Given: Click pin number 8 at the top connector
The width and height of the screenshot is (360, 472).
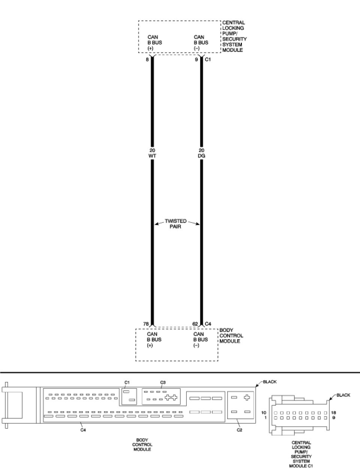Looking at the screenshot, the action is [147, 60].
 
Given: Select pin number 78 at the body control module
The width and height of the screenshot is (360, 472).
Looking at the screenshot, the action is [146, 324].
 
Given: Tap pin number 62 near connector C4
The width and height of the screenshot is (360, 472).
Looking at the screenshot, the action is [195, 324].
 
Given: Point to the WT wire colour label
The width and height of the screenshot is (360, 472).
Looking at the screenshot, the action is [152, 156].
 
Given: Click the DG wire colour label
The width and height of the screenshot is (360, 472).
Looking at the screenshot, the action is [201, 156].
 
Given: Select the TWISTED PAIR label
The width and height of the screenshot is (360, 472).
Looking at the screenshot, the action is [175, 224].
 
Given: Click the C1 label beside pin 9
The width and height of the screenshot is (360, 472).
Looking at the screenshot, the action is [208, 60].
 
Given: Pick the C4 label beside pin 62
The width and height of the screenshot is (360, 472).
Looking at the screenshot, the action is [208, 324].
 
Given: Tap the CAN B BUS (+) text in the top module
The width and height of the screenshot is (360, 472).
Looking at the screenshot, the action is [154, 43].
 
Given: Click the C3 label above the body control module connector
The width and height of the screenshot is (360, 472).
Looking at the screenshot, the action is [163, 382].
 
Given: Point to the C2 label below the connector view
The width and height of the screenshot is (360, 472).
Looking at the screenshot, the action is [239, 430].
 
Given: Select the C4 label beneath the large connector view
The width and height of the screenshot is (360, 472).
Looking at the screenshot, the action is [83, 430].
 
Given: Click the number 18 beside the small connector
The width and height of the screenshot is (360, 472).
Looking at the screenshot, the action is [334, 412].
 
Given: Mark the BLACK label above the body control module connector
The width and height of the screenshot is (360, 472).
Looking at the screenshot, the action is [270, 382].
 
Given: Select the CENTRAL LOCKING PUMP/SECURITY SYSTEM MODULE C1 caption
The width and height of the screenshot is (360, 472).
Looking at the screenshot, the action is [301, 454].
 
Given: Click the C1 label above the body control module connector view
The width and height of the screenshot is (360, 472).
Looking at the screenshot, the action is [127, 382].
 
